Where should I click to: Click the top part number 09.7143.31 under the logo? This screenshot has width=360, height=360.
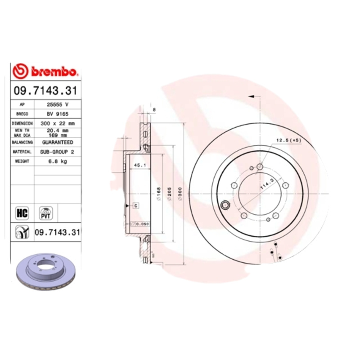[x=45, y=90]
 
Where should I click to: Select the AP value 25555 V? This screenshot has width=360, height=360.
[x=58, y=104]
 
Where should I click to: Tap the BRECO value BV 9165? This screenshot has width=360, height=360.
[x=58, y=113]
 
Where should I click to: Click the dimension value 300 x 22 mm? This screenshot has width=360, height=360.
[x=58, y=122]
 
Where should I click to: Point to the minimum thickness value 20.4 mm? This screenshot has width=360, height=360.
[x=58, y=130]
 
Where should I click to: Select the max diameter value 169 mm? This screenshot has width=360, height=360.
[x=58, y=134]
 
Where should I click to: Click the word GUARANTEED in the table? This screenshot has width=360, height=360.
[x=58, y=142]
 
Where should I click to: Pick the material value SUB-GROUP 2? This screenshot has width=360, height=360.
[x=58, y=152]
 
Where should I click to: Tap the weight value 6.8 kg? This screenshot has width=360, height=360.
[x=58, y=161]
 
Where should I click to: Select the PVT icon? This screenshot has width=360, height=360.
[x=45, y=212]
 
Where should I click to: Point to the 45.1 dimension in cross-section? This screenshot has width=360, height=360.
[x=139, y=165]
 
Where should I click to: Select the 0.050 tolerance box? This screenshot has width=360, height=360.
[x=142, y=224]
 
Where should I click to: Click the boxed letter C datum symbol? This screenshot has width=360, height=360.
[x=135, y=205]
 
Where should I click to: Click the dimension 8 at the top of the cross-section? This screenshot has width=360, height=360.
[x=154, y=109]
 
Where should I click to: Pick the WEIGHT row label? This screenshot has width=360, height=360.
[x=22, y=161]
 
